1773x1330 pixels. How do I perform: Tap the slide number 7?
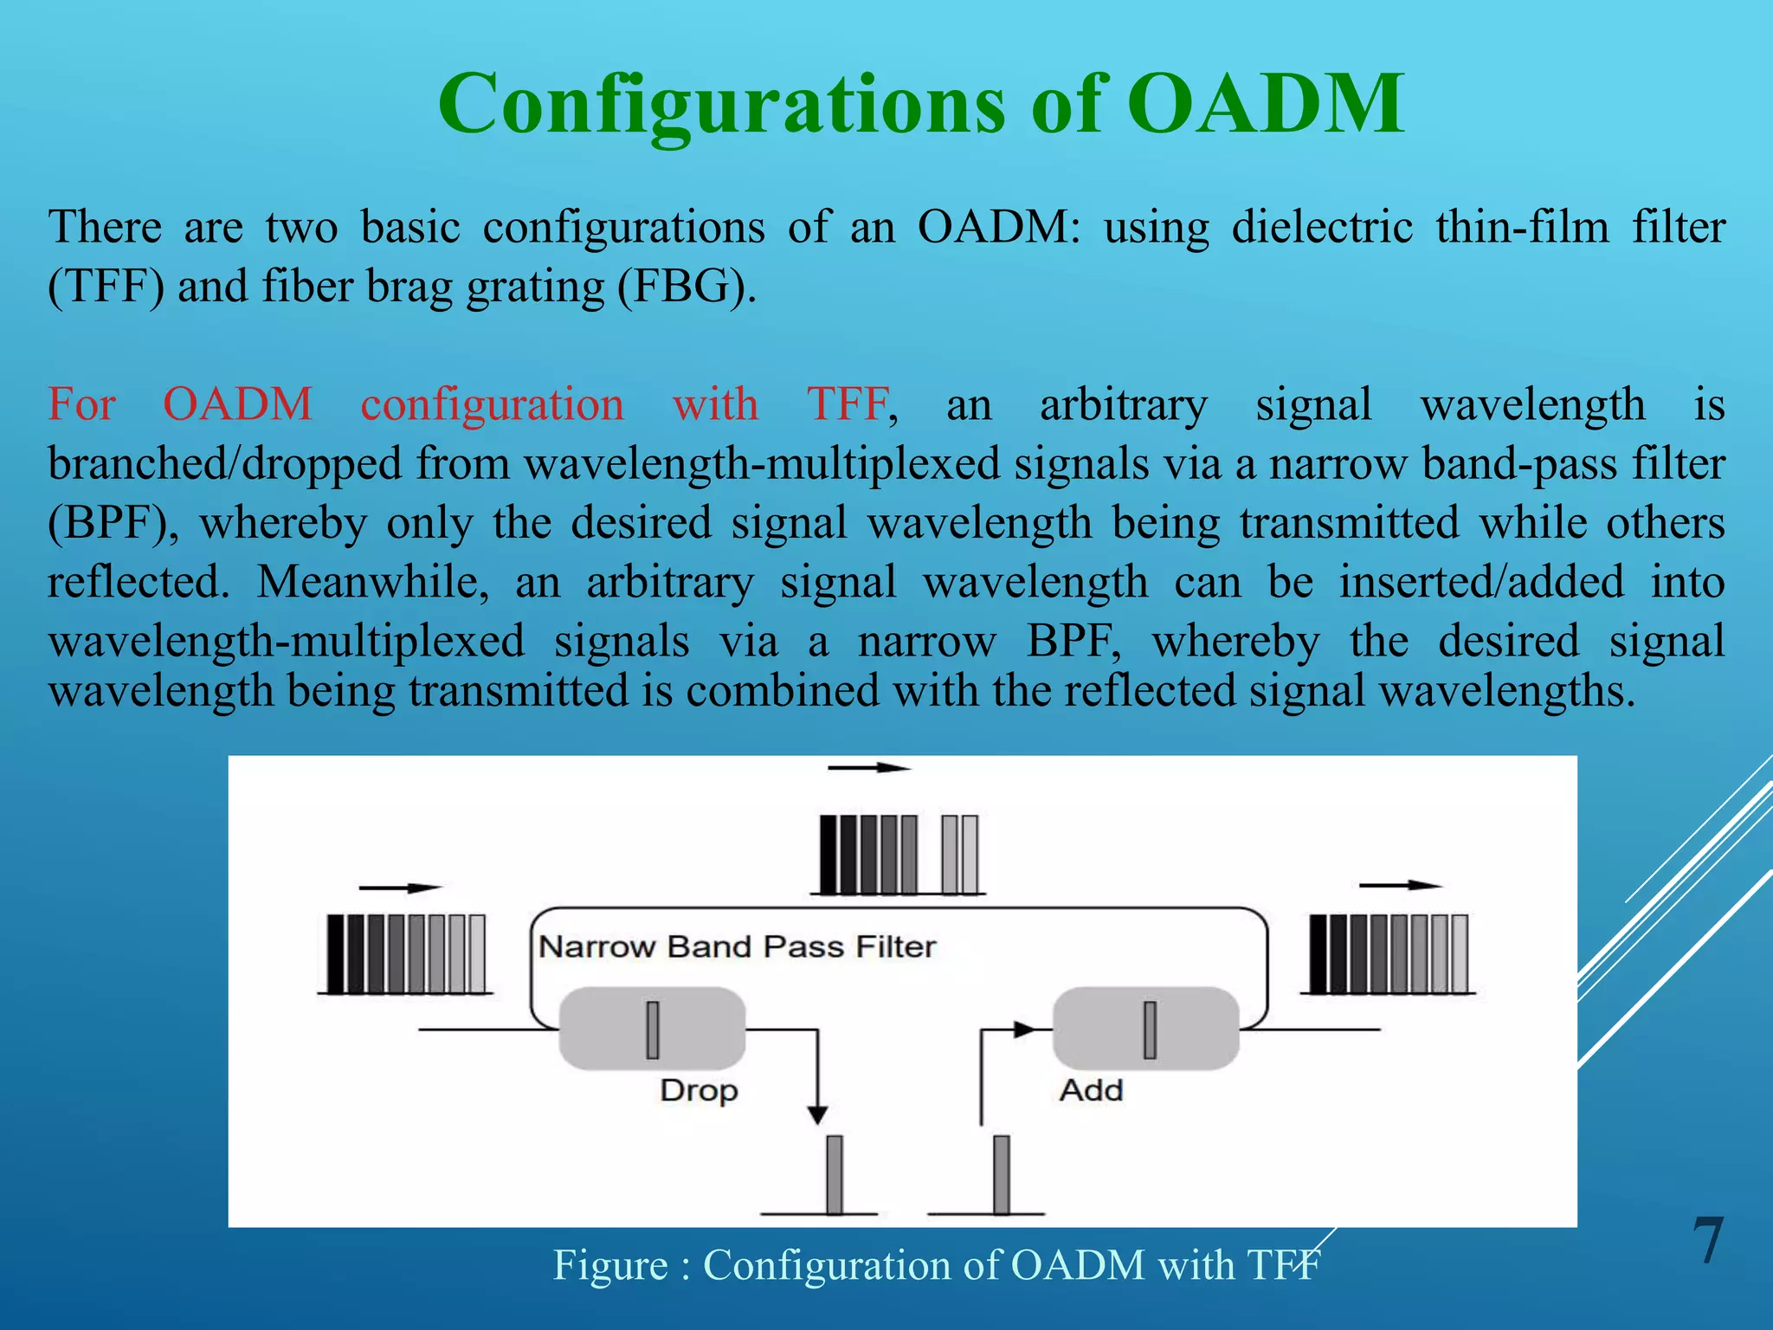point(1708,1241)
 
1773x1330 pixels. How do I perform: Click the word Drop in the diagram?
point(699,1090)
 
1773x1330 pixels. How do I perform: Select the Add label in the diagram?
point(1091,1089)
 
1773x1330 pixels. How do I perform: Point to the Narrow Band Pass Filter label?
point(737,946)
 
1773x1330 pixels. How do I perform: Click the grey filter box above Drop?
point(652,1030)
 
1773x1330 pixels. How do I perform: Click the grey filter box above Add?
point(1146,1030)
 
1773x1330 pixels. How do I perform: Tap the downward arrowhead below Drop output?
point(817,1114)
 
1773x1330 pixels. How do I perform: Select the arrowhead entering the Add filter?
point(1024,1030)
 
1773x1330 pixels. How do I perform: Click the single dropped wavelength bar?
point(835,1174)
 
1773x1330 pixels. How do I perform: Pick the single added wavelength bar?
point(1002,1174)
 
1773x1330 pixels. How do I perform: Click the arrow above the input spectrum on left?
point(401,888)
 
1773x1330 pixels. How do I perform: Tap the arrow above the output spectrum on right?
point(1400,885)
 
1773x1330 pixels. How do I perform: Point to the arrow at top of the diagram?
point(869,767)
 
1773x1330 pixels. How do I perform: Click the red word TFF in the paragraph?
point(848,404)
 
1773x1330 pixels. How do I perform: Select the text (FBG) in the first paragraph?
point(687,287)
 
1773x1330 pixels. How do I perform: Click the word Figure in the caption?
point(610,1265)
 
